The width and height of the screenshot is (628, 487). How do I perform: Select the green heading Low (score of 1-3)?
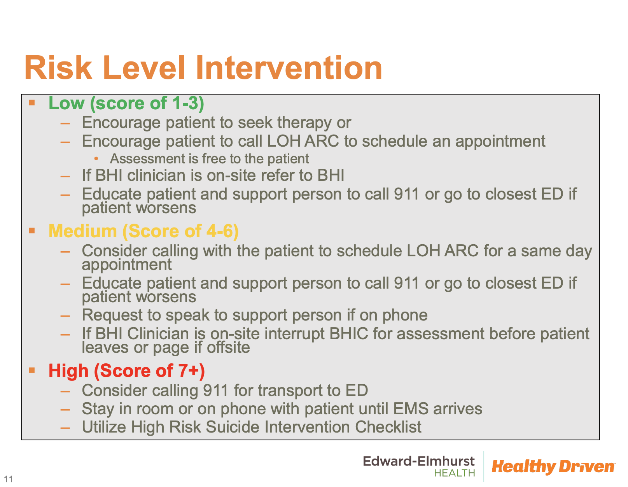(126, 103)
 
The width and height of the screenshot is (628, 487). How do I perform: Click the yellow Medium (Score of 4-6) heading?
(143, 231)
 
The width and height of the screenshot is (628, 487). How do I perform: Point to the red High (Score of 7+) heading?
(127, 371)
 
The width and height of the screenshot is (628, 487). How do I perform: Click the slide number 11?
(9, 479)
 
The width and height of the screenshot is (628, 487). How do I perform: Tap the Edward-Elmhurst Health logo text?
(418, 466)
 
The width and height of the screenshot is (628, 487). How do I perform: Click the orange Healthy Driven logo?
(553, 466)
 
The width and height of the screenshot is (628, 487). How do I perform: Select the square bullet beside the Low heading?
(32, 103)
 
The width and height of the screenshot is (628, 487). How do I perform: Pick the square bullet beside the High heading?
(32, 370)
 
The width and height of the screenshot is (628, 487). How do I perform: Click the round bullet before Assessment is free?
(96, 158)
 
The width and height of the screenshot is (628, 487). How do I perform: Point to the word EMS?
(411, 409)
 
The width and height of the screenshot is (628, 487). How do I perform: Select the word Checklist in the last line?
(388, 427)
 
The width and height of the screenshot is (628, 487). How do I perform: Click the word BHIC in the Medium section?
(348, 333)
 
